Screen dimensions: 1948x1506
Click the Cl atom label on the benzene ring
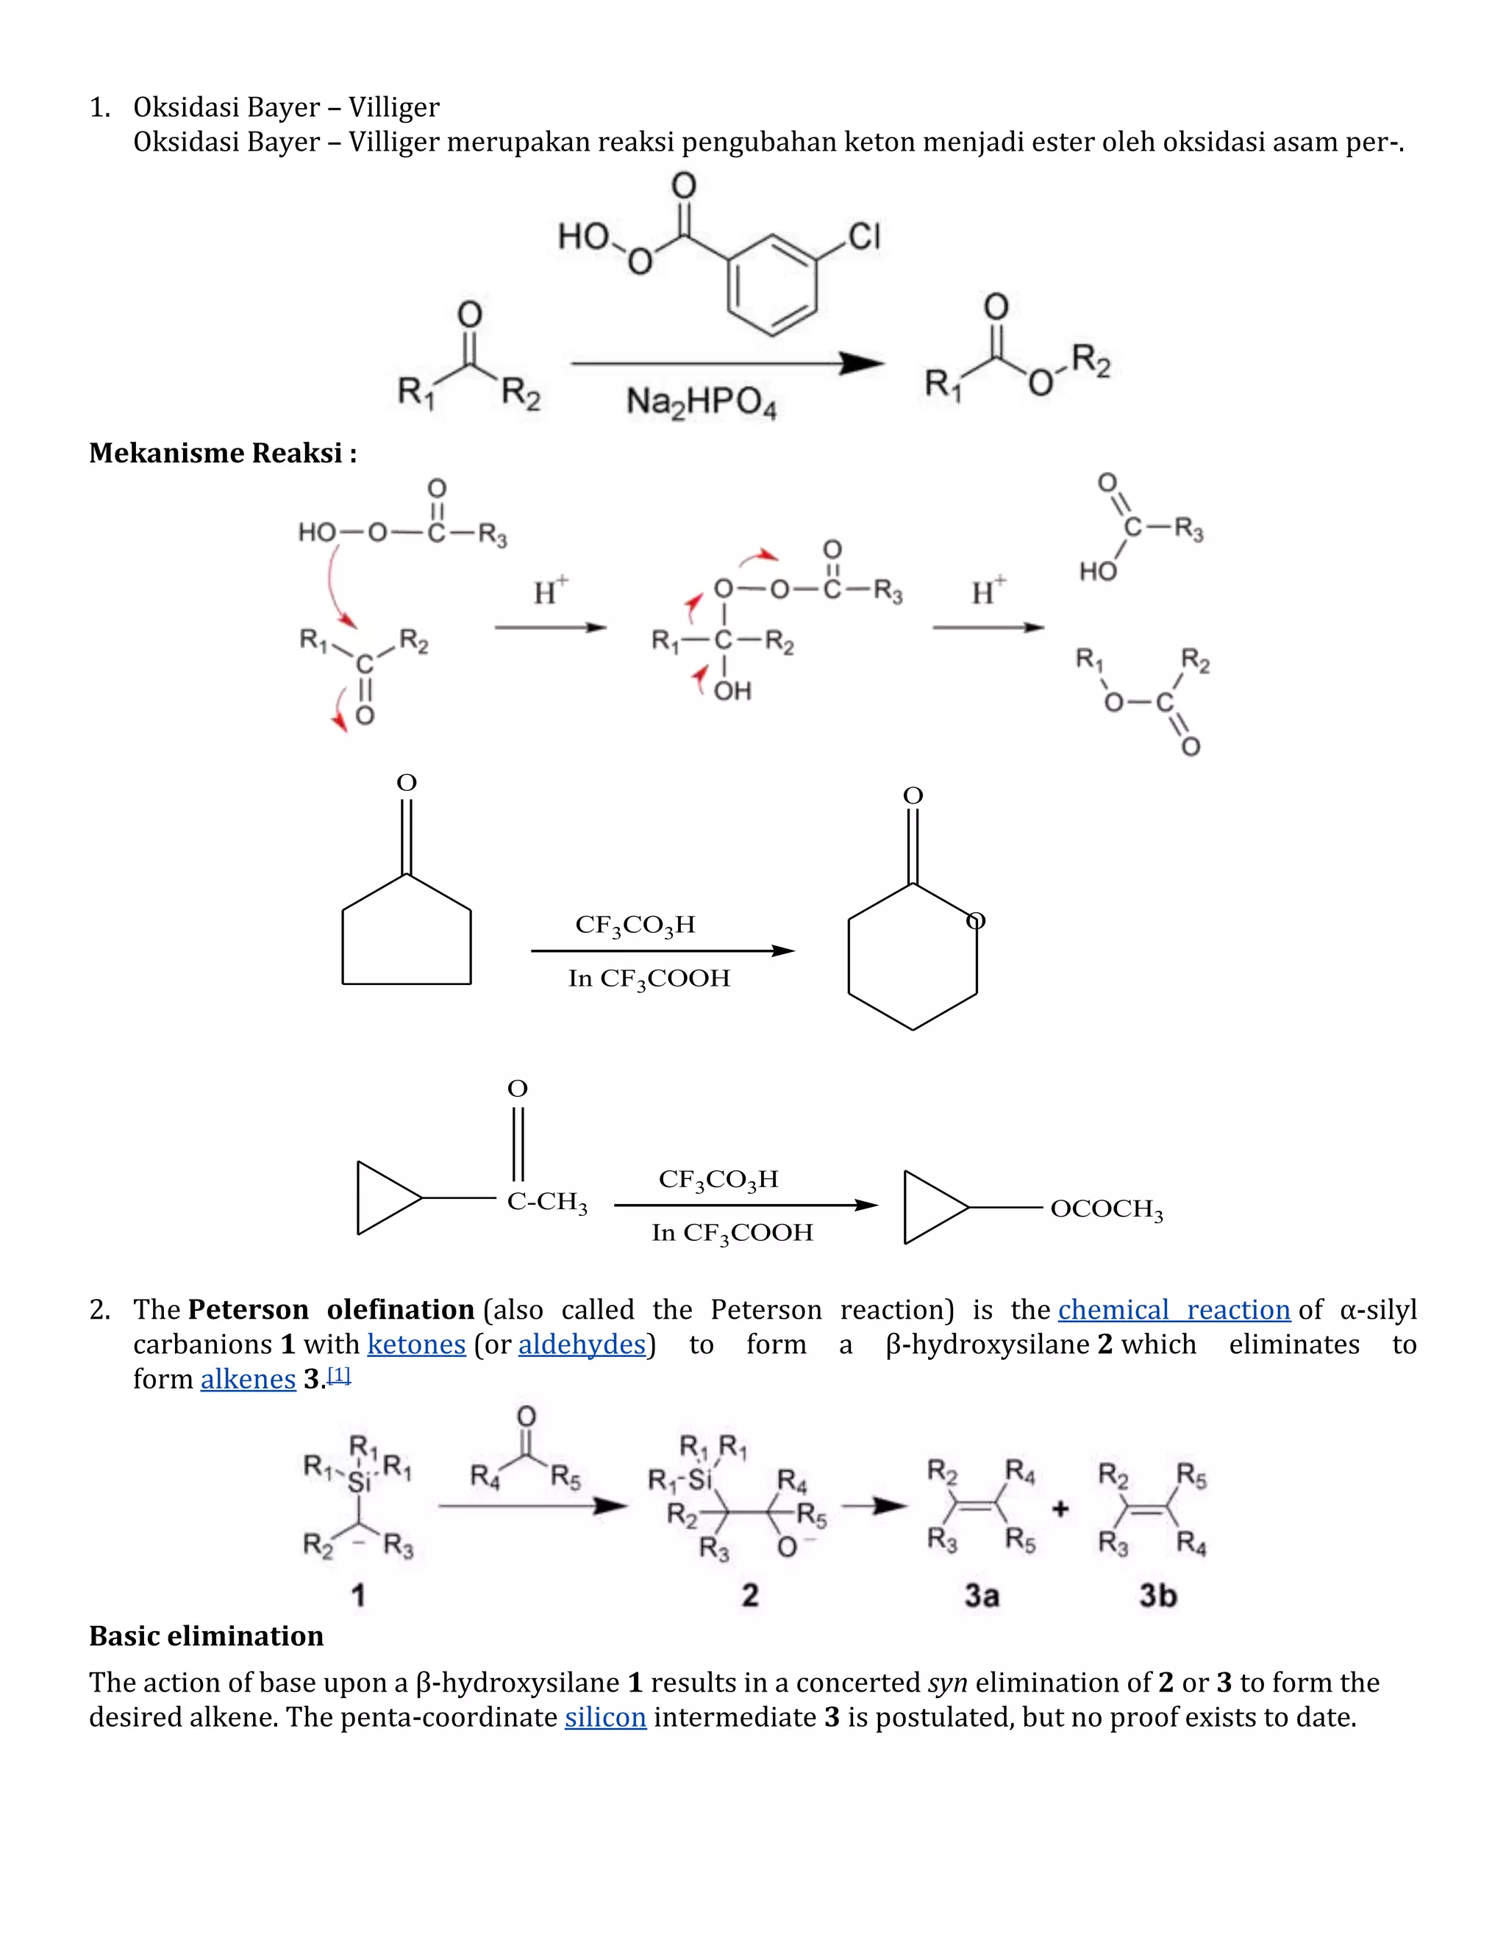[863, 237]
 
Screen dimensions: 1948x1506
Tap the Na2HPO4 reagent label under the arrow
[702, 402]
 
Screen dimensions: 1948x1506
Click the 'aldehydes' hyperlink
[582, 1344]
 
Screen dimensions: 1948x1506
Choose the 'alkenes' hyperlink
[247, 1379]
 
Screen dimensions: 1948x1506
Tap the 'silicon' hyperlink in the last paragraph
[605, 1717]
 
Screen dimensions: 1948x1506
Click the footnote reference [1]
[339, 1375]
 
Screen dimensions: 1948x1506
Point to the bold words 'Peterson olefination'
[331, 1309]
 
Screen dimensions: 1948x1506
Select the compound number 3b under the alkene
[1157, 1595]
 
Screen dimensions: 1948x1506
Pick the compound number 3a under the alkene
[982, 1595]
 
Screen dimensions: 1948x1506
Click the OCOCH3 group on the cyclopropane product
[1106, 1209]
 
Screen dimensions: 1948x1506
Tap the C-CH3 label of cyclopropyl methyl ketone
[547, 1203]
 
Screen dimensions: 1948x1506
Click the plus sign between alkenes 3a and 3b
[1060, 1509]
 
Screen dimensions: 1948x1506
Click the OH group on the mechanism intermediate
[732, 691]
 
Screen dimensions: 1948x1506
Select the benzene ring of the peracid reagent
[771, 284]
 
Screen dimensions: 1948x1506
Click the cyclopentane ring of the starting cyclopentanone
[407, 937]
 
